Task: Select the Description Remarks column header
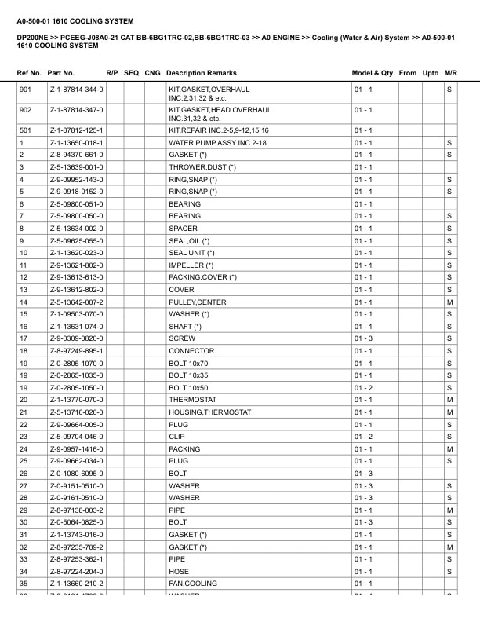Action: pos(202,72)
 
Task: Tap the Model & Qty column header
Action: pos(373,72)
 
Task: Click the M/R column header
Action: pos(450,72)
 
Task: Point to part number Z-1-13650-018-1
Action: pos(76,143)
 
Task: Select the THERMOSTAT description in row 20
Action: pos(192,401)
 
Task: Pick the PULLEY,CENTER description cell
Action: pos(197,302)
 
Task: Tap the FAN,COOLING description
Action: pos(193,584)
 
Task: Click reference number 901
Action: pos(25,90)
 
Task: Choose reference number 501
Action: pos(25,130)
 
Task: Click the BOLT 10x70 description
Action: pos(189,364)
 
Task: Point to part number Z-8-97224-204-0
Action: pos(76,572)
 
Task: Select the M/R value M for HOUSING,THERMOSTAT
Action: pos(450,412)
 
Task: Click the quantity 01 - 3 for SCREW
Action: pos(363,339)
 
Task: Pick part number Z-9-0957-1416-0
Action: pos(76,449)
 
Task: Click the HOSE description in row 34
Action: pos(179,572)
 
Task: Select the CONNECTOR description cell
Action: pos(191,351)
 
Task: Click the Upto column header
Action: pos(431,72)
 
